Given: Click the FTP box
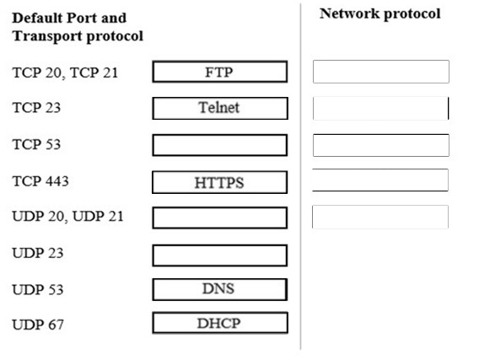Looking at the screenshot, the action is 220,72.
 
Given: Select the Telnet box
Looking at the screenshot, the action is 220,108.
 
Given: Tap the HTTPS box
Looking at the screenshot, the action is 219,182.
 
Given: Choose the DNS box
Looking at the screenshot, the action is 220,289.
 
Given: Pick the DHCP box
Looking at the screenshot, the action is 220,323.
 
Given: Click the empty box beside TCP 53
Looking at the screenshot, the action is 220,145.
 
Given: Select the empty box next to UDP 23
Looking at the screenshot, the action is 220,255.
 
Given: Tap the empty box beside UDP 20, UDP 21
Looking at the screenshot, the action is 220,218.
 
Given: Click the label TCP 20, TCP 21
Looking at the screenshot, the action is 65,73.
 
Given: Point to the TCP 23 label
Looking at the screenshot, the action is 36,108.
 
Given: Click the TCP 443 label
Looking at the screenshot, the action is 40,181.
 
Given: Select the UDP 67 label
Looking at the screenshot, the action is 38,325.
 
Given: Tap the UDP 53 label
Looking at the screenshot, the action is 38,289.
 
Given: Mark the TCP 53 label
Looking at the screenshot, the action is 36,144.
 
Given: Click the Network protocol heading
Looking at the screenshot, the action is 380,14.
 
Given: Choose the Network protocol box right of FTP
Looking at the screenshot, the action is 381,72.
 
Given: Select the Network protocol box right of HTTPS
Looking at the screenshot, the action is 380,180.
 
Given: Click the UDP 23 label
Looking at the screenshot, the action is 38,253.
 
